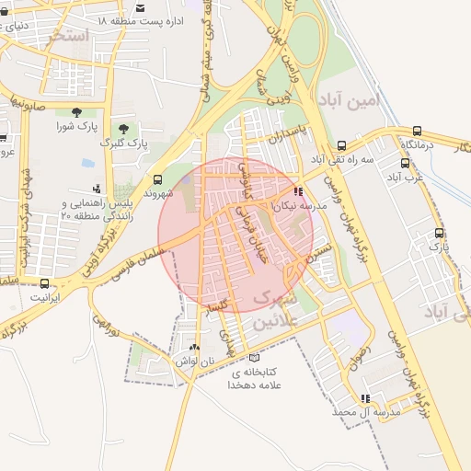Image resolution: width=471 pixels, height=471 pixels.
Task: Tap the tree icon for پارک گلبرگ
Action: [x=124, y=128]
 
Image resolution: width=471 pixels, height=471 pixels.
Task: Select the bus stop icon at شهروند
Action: [x=158, y=179]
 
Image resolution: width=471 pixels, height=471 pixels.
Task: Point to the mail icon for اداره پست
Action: [x=136, y=18]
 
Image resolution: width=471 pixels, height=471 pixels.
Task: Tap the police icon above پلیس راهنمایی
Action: [x=97, y=189]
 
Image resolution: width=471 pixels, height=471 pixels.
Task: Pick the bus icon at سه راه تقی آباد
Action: [x=341, y=145]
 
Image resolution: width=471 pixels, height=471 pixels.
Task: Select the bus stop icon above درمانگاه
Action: [x=417, y=131]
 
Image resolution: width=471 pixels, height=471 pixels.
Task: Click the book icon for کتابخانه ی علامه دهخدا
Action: [x=255, y=358]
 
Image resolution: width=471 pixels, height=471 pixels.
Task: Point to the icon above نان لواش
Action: [x=193, y=348]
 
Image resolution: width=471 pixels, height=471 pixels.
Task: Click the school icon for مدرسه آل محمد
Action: [x=365, y=399]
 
